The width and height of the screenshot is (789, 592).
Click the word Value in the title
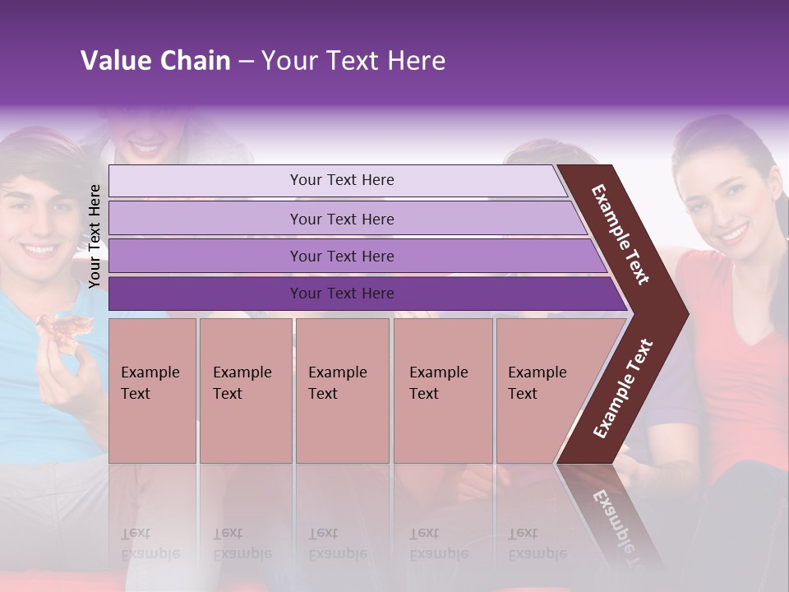point(114,61)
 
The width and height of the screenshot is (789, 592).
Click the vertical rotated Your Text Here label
point(95,236)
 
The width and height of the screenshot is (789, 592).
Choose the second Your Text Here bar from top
point(342,219)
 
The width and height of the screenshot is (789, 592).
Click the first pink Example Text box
point(152,390)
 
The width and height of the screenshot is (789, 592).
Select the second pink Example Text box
point(245,390)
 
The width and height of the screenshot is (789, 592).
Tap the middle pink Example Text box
point(342,390)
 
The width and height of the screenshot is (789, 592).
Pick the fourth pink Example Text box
point(442,390)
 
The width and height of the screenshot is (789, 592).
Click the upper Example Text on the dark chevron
point(621,234)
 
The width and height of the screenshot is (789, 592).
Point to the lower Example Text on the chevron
point(623,388)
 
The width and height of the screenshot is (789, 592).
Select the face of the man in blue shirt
point(37,218)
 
